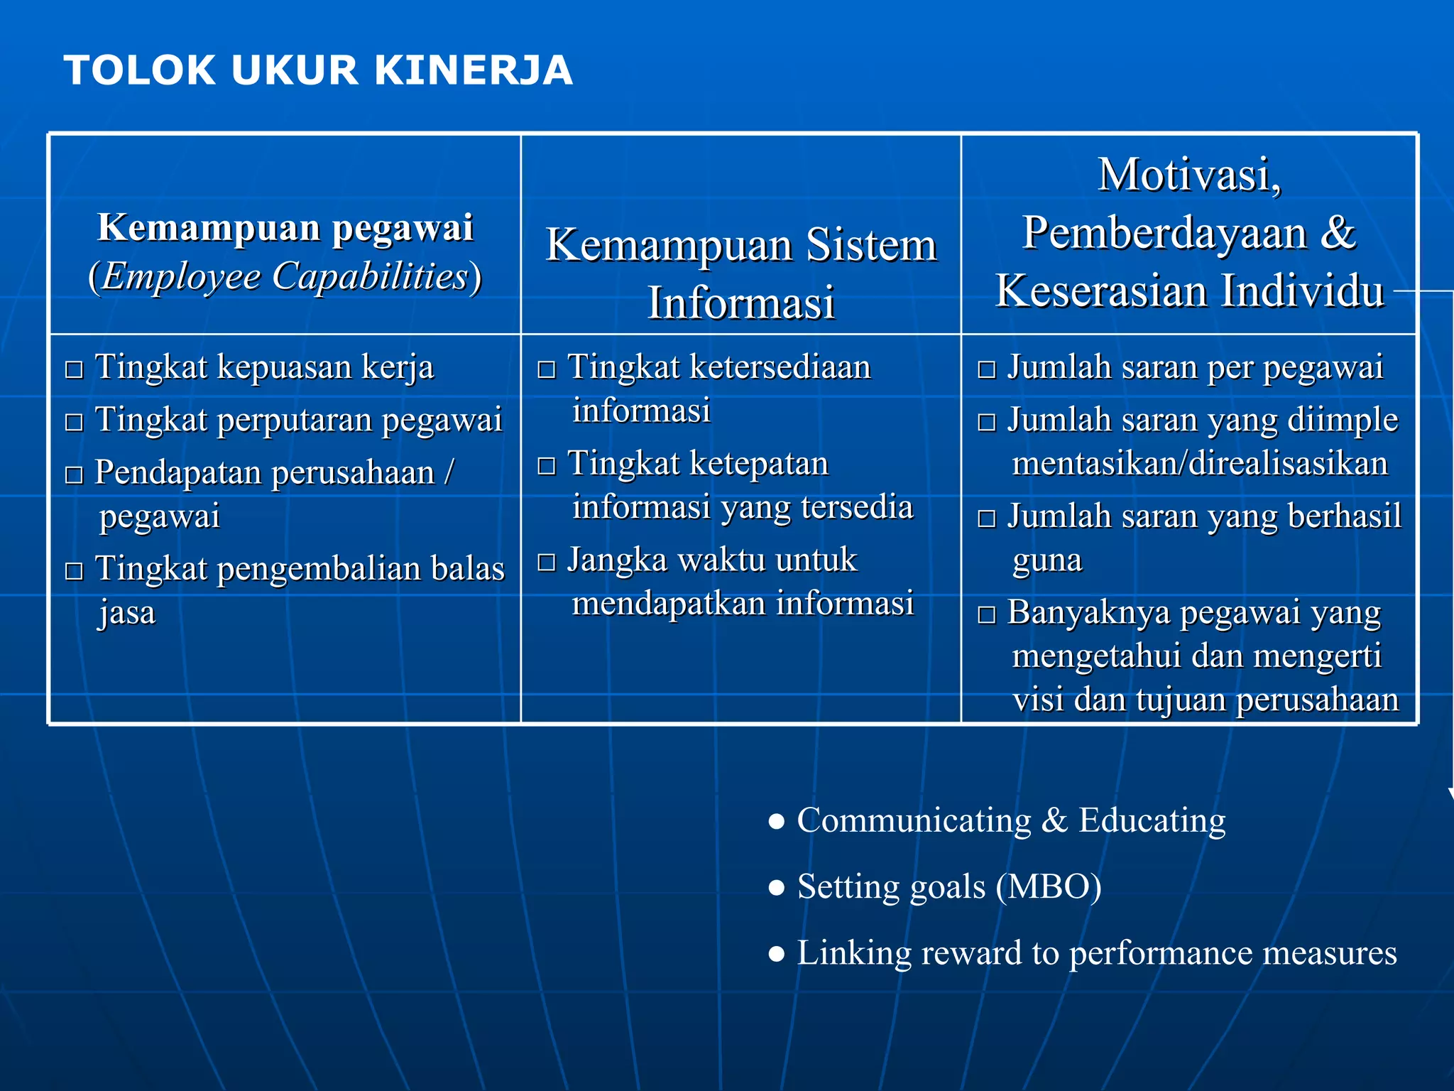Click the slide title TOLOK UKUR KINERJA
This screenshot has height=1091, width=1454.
pos(318,70)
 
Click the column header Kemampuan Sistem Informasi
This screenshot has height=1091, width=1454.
pos(740,273)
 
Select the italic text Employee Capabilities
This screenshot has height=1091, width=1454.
pos(285,276)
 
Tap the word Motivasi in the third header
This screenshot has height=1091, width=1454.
pos(1189,175)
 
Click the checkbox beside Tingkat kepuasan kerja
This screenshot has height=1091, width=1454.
pos(74,370)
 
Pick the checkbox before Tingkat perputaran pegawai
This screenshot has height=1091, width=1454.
pos(74,423)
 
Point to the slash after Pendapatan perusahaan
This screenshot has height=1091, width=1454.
pos(449,472)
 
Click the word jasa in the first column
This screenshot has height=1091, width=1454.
pos(127,612)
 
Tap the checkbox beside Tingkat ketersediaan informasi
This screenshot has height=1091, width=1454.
pos(546,370)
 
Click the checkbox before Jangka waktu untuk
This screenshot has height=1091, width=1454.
pos(546,563)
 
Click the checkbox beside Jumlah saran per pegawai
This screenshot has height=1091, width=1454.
pos(986,370)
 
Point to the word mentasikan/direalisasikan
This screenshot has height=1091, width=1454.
pos(1199,463)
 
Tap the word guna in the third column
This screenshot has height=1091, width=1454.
pos(1047,560)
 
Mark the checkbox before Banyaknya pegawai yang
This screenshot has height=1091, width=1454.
pos(986,615)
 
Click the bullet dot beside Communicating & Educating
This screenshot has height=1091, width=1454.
pos(777,822)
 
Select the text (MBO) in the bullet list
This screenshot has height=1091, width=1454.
pos(1049,886)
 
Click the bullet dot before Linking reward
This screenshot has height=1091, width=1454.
pos(777,954)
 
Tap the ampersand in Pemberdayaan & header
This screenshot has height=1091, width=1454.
pos(1338,233)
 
